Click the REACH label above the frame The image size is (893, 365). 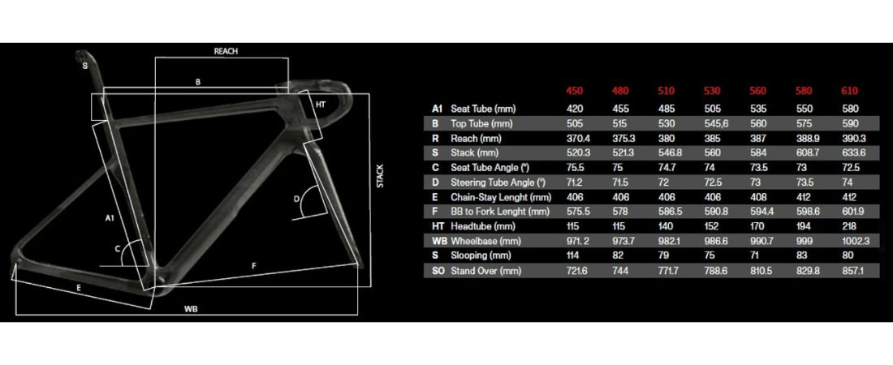226,50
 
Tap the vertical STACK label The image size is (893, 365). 381,178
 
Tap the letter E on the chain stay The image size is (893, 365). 79,288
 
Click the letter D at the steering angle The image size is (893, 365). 296,199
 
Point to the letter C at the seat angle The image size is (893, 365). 117,247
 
